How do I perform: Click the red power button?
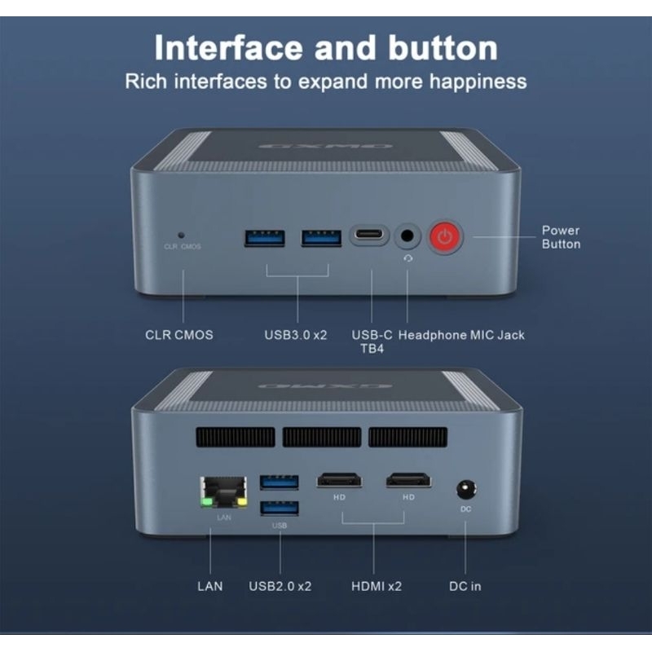[x=445, y=238]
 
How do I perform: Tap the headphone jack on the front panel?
[x=407, y=238]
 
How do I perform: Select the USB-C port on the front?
[x=371, y=237]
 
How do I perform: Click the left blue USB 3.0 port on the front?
[x=265, y=238]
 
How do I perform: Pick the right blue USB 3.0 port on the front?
[x=321, y=238]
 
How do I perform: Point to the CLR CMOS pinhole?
[x=182, y=234]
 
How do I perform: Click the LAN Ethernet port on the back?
[x=214, y=494]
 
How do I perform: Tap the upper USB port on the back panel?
[x=280, y=482]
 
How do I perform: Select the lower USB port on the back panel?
[x=280, y=509]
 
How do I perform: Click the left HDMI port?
[x=340, y=481]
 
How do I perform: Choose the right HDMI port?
[x=408, y=481]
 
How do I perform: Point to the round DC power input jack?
[x=465, y=490]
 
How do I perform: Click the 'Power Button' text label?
[x=561, y=237]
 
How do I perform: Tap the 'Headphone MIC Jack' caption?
[x=461, y=335]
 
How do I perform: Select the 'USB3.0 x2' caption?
[x=295, y=335]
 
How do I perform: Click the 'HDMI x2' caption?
[x=376, y=586]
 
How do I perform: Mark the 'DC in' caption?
[x=465, y=586]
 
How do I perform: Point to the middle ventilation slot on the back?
[x=321, y=437]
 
